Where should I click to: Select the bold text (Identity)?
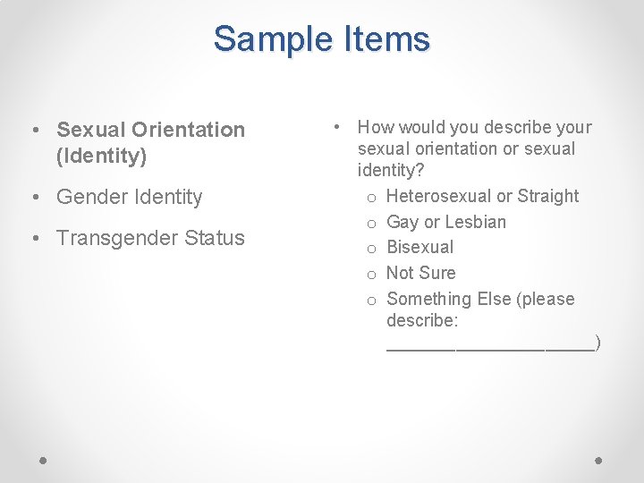pyautogui.click(x=101, y=157)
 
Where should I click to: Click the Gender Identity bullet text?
pyautogui.click(x=130, y=197)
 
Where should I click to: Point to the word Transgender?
pyautogui.click(x=119, y=238)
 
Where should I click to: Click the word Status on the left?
pyautogui.click(x=216, y=238)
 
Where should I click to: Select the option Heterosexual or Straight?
pyautogui.click(x=482, y=196)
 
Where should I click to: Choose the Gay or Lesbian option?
pyautogui.click(x=445, y=222)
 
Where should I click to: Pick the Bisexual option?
pyautogui.click(x=419, y=247)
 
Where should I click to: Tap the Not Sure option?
pyautogui.click(x=420, y=273)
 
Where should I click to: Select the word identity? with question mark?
pyautogui.click(x=391, y=169)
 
